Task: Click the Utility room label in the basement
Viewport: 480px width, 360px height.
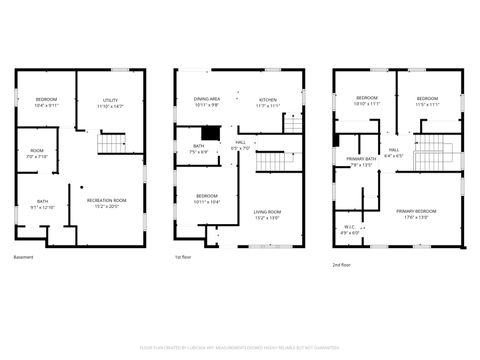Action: (x=112, y=103)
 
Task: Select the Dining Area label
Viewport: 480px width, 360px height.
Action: (x=208, y=102)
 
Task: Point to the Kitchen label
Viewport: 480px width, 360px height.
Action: (x=268, y=102)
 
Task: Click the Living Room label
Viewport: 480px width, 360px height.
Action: (x=266, y=214)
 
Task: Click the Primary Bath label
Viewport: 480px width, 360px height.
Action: (x=361, y=162)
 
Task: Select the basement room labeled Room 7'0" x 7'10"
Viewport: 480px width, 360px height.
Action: (x=37, y=153)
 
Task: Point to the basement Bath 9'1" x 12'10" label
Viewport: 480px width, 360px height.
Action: (x=43, y=204)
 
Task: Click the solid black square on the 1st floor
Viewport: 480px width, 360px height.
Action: (x=210, y=132)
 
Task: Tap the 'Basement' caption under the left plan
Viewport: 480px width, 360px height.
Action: (x=24, y=258)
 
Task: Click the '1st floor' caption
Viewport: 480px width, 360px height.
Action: (x=184, y=258)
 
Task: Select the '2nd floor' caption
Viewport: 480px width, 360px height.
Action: (x=342, y=265)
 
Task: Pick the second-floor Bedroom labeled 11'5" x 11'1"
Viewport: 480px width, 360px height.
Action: (x=427, y=101)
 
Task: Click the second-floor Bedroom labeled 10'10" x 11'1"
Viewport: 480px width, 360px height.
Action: (x=367, y=101)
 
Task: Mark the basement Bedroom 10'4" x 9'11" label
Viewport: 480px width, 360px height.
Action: (x=47, y=102)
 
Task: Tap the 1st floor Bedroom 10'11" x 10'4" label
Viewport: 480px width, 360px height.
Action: (x=207, y=198)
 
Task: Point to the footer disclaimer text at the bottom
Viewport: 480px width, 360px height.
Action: (x=240, y=348)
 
